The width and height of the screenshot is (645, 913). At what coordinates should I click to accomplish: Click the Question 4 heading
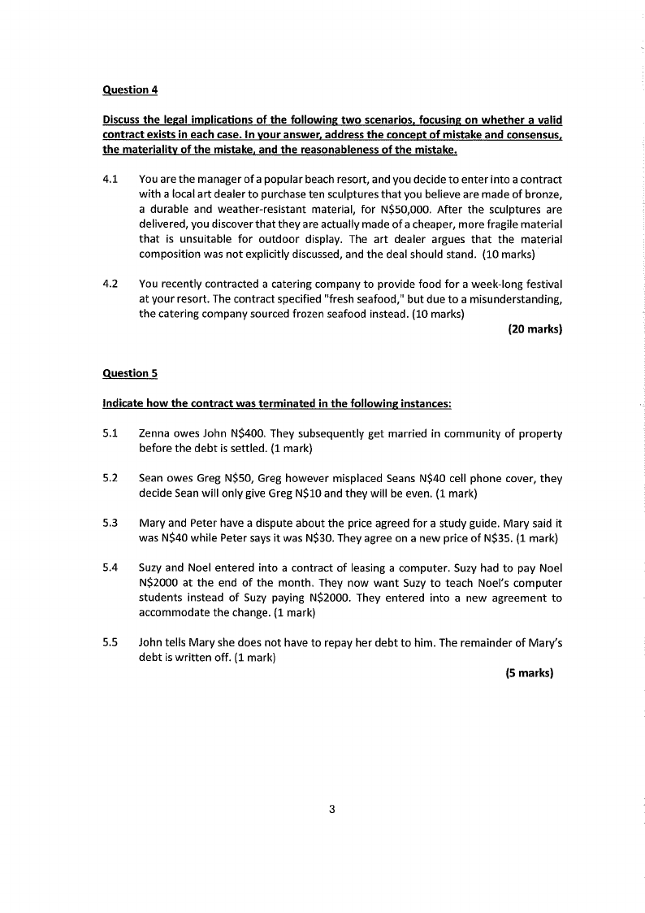(130, 89)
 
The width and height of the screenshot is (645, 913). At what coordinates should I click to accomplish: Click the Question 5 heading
(130, 373)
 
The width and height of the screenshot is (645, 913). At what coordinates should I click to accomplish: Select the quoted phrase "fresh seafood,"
(364, 298)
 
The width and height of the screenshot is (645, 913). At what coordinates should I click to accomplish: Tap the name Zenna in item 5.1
(156, 433)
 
